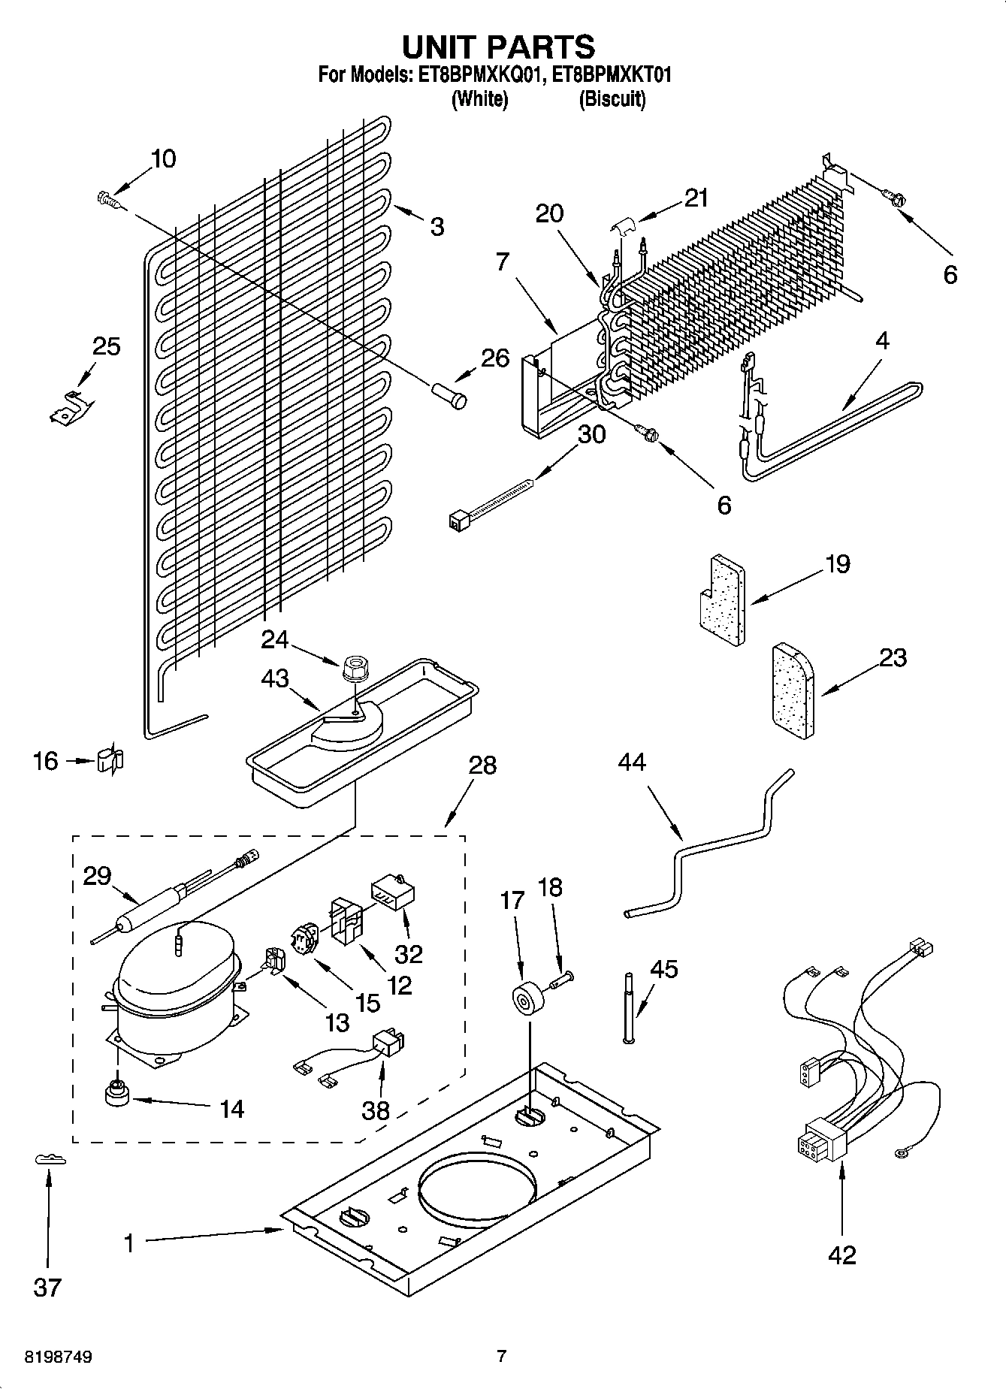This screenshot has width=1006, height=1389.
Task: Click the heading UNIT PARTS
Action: coord(498,47)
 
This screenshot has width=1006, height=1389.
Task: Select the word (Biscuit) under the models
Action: coord(612,99)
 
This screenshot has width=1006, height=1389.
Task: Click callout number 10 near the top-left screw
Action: coord(163,159)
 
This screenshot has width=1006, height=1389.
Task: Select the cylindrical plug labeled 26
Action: coord(449,395)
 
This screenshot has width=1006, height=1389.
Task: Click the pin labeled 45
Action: coord(628,1007)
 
